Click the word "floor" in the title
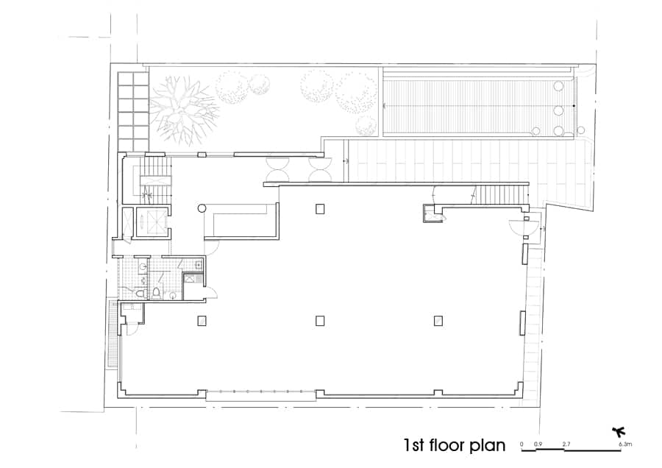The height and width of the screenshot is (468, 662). pos(444,445)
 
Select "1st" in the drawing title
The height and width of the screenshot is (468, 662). pos(413,446)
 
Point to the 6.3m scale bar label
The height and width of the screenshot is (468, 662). pos(625,444)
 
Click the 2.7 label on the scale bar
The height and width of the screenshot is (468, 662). pos(566,444)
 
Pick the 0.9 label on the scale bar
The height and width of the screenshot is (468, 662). pos(538,444)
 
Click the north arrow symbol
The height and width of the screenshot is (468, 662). pos(619,432)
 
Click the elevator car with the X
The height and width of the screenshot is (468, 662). pos(151,221)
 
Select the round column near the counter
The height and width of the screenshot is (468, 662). pos(202,208)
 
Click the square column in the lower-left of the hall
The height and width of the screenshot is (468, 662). pos(202,321)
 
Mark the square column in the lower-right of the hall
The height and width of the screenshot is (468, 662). pos(438,321)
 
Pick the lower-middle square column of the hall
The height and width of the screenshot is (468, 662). pos(320,321)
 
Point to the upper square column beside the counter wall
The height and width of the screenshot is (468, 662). pos(320,209)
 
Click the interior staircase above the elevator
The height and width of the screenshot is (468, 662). pos(155,177)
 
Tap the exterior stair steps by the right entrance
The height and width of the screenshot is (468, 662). pos(501,194)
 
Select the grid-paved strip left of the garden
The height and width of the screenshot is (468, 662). pos(133,112)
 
